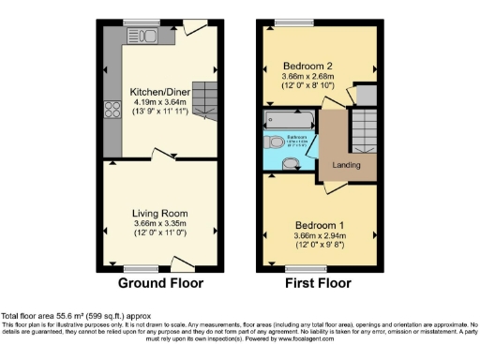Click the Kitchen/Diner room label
[159, 92]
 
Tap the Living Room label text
[159, 213]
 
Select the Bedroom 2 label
[309, 66]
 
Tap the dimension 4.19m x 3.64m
[159, 101]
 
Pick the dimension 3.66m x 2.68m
[309, 76]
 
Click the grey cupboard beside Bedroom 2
[366, 94]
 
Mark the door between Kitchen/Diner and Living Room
[165, 156]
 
